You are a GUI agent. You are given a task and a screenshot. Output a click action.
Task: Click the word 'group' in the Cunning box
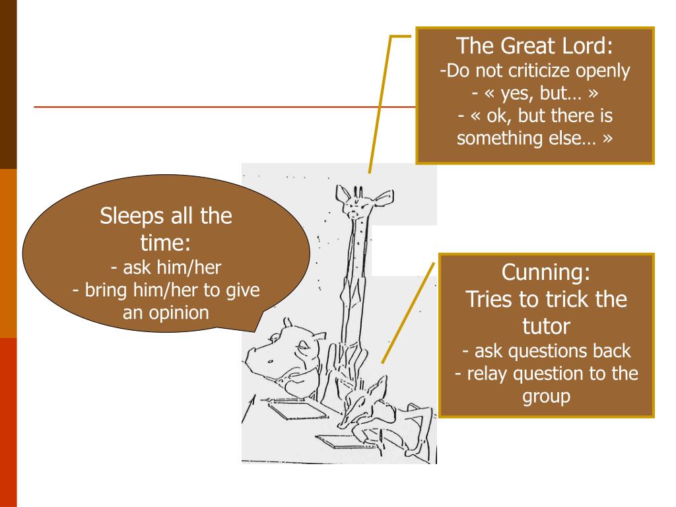click(546, 397)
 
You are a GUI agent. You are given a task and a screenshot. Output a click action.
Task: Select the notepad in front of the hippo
click(297, 410)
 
